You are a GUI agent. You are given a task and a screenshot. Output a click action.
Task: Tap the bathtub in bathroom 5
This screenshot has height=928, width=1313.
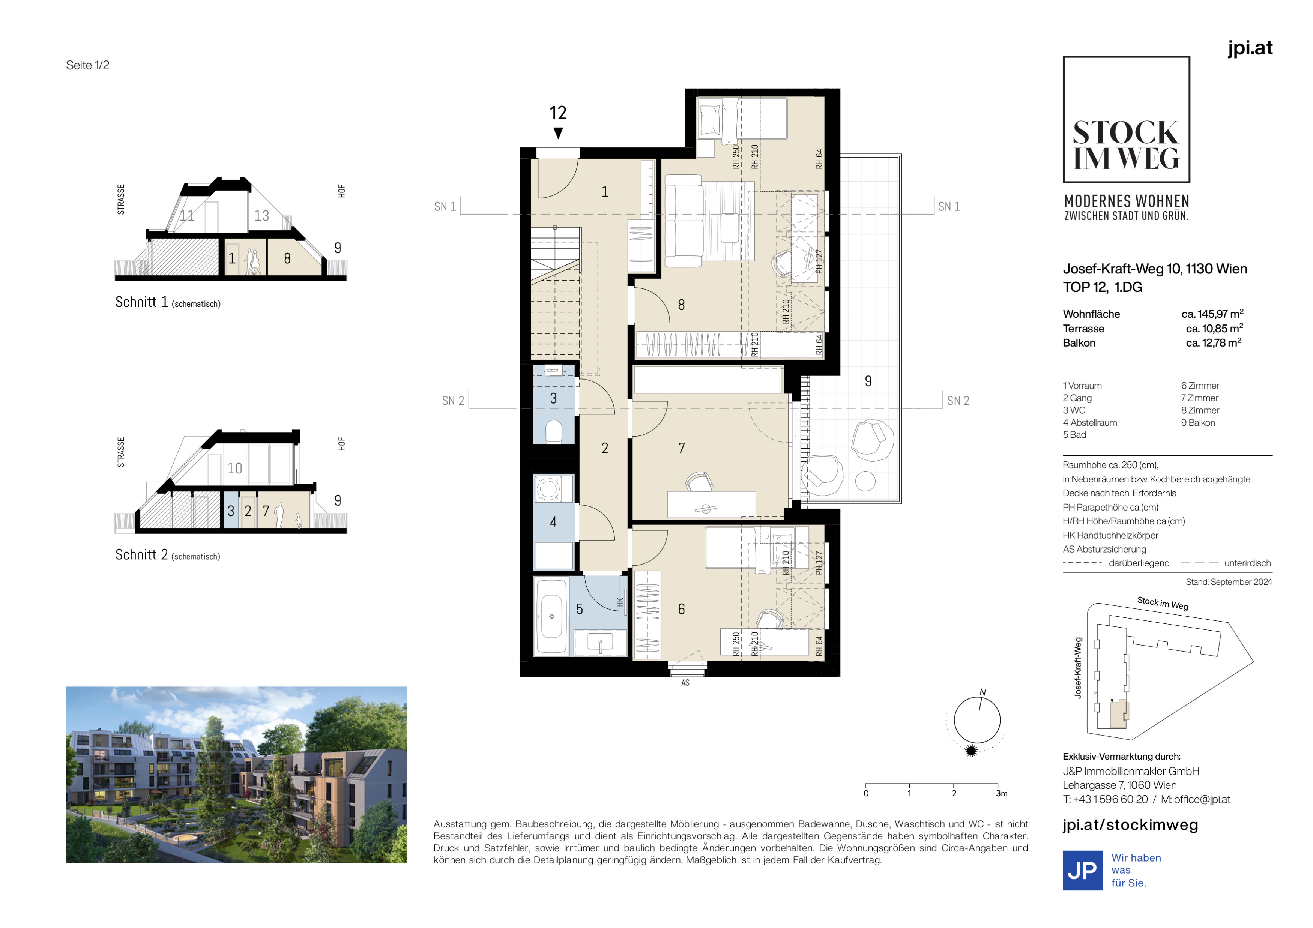tap(551, 616)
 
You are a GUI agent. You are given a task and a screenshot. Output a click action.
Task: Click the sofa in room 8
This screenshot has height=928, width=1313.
tap(684, 221)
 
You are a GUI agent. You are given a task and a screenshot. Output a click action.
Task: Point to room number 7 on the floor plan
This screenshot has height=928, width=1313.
tap(681, 448)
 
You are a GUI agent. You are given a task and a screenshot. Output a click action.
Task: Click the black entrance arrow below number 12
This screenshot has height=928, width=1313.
tap(558, 133)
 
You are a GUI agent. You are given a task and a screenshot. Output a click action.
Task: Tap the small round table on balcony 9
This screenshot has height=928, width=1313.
tap(865, 481)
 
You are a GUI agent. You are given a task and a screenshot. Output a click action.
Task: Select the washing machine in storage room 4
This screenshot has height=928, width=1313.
tap(548, 489)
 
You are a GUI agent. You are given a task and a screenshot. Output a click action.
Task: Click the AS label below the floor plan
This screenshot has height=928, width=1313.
tap(685, 683)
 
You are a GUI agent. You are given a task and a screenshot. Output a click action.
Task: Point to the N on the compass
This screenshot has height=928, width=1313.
tap(982, 692)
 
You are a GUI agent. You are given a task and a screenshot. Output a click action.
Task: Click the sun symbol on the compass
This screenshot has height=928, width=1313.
tap(970, 751)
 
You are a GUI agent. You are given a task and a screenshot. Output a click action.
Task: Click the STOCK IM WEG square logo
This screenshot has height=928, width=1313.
tap(1126, 120)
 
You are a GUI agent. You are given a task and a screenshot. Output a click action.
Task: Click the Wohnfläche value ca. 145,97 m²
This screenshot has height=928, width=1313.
tap(1212, 314)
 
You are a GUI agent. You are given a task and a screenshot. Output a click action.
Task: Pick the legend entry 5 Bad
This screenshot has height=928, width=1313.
tap(1074, 434)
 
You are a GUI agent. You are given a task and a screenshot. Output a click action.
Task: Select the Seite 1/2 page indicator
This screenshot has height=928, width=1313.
tap(87, 65)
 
